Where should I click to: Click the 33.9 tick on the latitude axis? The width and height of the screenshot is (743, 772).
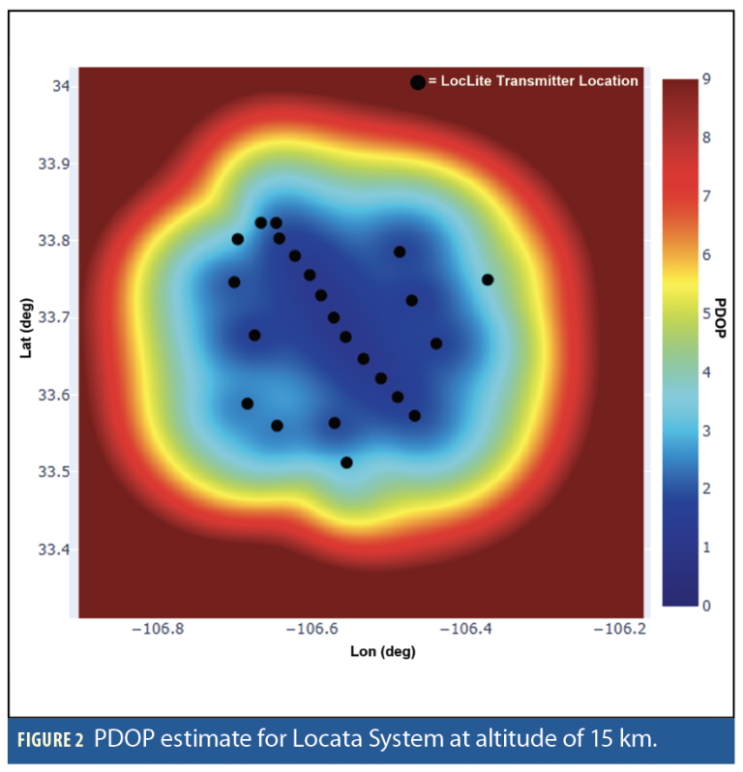(x=54, y=163)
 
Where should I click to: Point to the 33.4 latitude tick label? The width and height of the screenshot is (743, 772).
(x=54, y=549)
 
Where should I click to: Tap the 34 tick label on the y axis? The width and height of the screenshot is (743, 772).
(x=62, y=86)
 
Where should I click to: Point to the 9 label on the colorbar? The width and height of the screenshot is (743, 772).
(x=707, y=79)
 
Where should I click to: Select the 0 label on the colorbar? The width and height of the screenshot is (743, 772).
(x=707, y=606)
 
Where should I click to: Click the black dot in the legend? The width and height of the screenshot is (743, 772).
(x=417, y=82)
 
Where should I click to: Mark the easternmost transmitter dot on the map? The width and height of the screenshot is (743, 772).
(x=488, y=280)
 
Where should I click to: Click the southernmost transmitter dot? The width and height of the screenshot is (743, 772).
(x=346, y=462)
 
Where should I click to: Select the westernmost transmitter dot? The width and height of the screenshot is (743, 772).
(x=233, y=282)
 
